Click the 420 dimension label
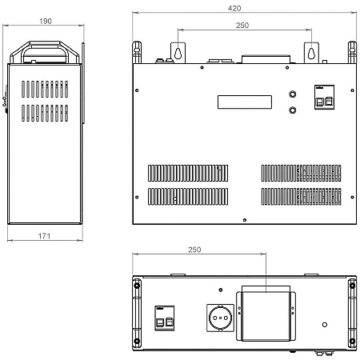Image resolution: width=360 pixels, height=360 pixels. click(234, 8)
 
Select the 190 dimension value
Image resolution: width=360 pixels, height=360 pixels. click(46, 21)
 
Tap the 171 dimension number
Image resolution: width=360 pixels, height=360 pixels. click(44, 236)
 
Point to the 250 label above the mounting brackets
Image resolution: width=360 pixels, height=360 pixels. click(242, 26)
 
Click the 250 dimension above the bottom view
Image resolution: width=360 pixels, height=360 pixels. click(194, 250)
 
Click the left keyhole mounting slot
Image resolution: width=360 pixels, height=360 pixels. click(178, 53)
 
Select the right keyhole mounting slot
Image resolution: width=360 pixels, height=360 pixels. click(311, 53)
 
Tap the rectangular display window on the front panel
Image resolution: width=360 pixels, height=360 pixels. click(245, 102)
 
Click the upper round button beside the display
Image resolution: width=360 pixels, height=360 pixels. click(293, 94)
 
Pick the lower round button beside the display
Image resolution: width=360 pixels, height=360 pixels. click(293, 110)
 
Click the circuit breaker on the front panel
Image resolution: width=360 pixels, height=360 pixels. click(324, 97)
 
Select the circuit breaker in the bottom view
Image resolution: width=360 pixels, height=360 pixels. click(165, 318)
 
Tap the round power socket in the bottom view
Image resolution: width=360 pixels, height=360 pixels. click(220, 318)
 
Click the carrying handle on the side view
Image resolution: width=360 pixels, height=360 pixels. click(45, 52)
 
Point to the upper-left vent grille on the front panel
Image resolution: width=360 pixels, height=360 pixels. click(188, 173)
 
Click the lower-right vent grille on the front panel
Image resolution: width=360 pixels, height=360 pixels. click(301, 197)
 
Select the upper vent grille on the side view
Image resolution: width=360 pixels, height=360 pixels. click(45, 89)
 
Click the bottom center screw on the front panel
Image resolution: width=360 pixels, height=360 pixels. click(245, 220)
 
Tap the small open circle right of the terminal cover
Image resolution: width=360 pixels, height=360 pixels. click(325, 325)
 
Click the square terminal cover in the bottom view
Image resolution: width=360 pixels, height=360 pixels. click(266, 316)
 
